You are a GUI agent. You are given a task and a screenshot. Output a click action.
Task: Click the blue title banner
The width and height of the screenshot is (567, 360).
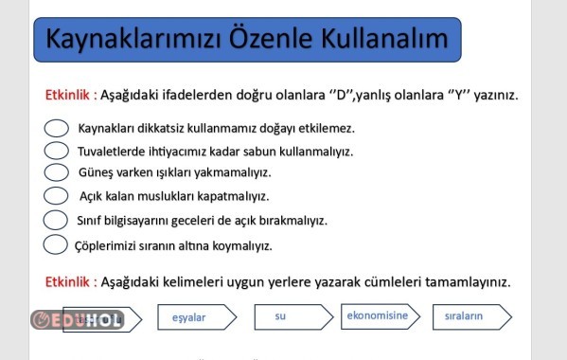(248, 40)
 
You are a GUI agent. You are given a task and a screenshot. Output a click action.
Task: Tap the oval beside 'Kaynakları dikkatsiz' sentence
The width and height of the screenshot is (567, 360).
(56, 128)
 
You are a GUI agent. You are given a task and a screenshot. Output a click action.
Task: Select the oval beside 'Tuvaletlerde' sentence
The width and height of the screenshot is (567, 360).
(56, 150)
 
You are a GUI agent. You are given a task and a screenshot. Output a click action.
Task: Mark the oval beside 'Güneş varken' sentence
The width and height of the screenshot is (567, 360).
(56, 172)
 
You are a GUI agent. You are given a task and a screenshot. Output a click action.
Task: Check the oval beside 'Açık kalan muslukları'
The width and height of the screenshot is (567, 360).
(56, 196)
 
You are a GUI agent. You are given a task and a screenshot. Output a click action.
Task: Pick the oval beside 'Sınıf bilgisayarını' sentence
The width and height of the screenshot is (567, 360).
(56, 220)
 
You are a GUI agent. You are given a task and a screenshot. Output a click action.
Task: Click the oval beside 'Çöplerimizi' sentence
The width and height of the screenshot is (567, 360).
(56, 244)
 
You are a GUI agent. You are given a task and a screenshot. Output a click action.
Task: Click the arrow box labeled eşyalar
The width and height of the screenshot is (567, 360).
(195, 317)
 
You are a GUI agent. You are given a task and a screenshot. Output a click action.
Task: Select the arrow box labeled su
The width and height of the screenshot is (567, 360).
(285, 316)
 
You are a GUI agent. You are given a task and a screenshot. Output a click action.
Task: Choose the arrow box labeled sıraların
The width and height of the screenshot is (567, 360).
(470, 316)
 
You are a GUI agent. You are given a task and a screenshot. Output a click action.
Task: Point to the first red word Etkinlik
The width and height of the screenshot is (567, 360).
(68, 96)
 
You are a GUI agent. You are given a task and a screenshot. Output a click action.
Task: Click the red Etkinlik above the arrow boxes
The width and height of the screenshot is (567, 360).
(68, 282)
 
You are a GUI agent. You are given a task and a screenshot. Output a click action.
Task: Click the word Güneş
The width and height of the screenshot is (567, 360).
(95, 173)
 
